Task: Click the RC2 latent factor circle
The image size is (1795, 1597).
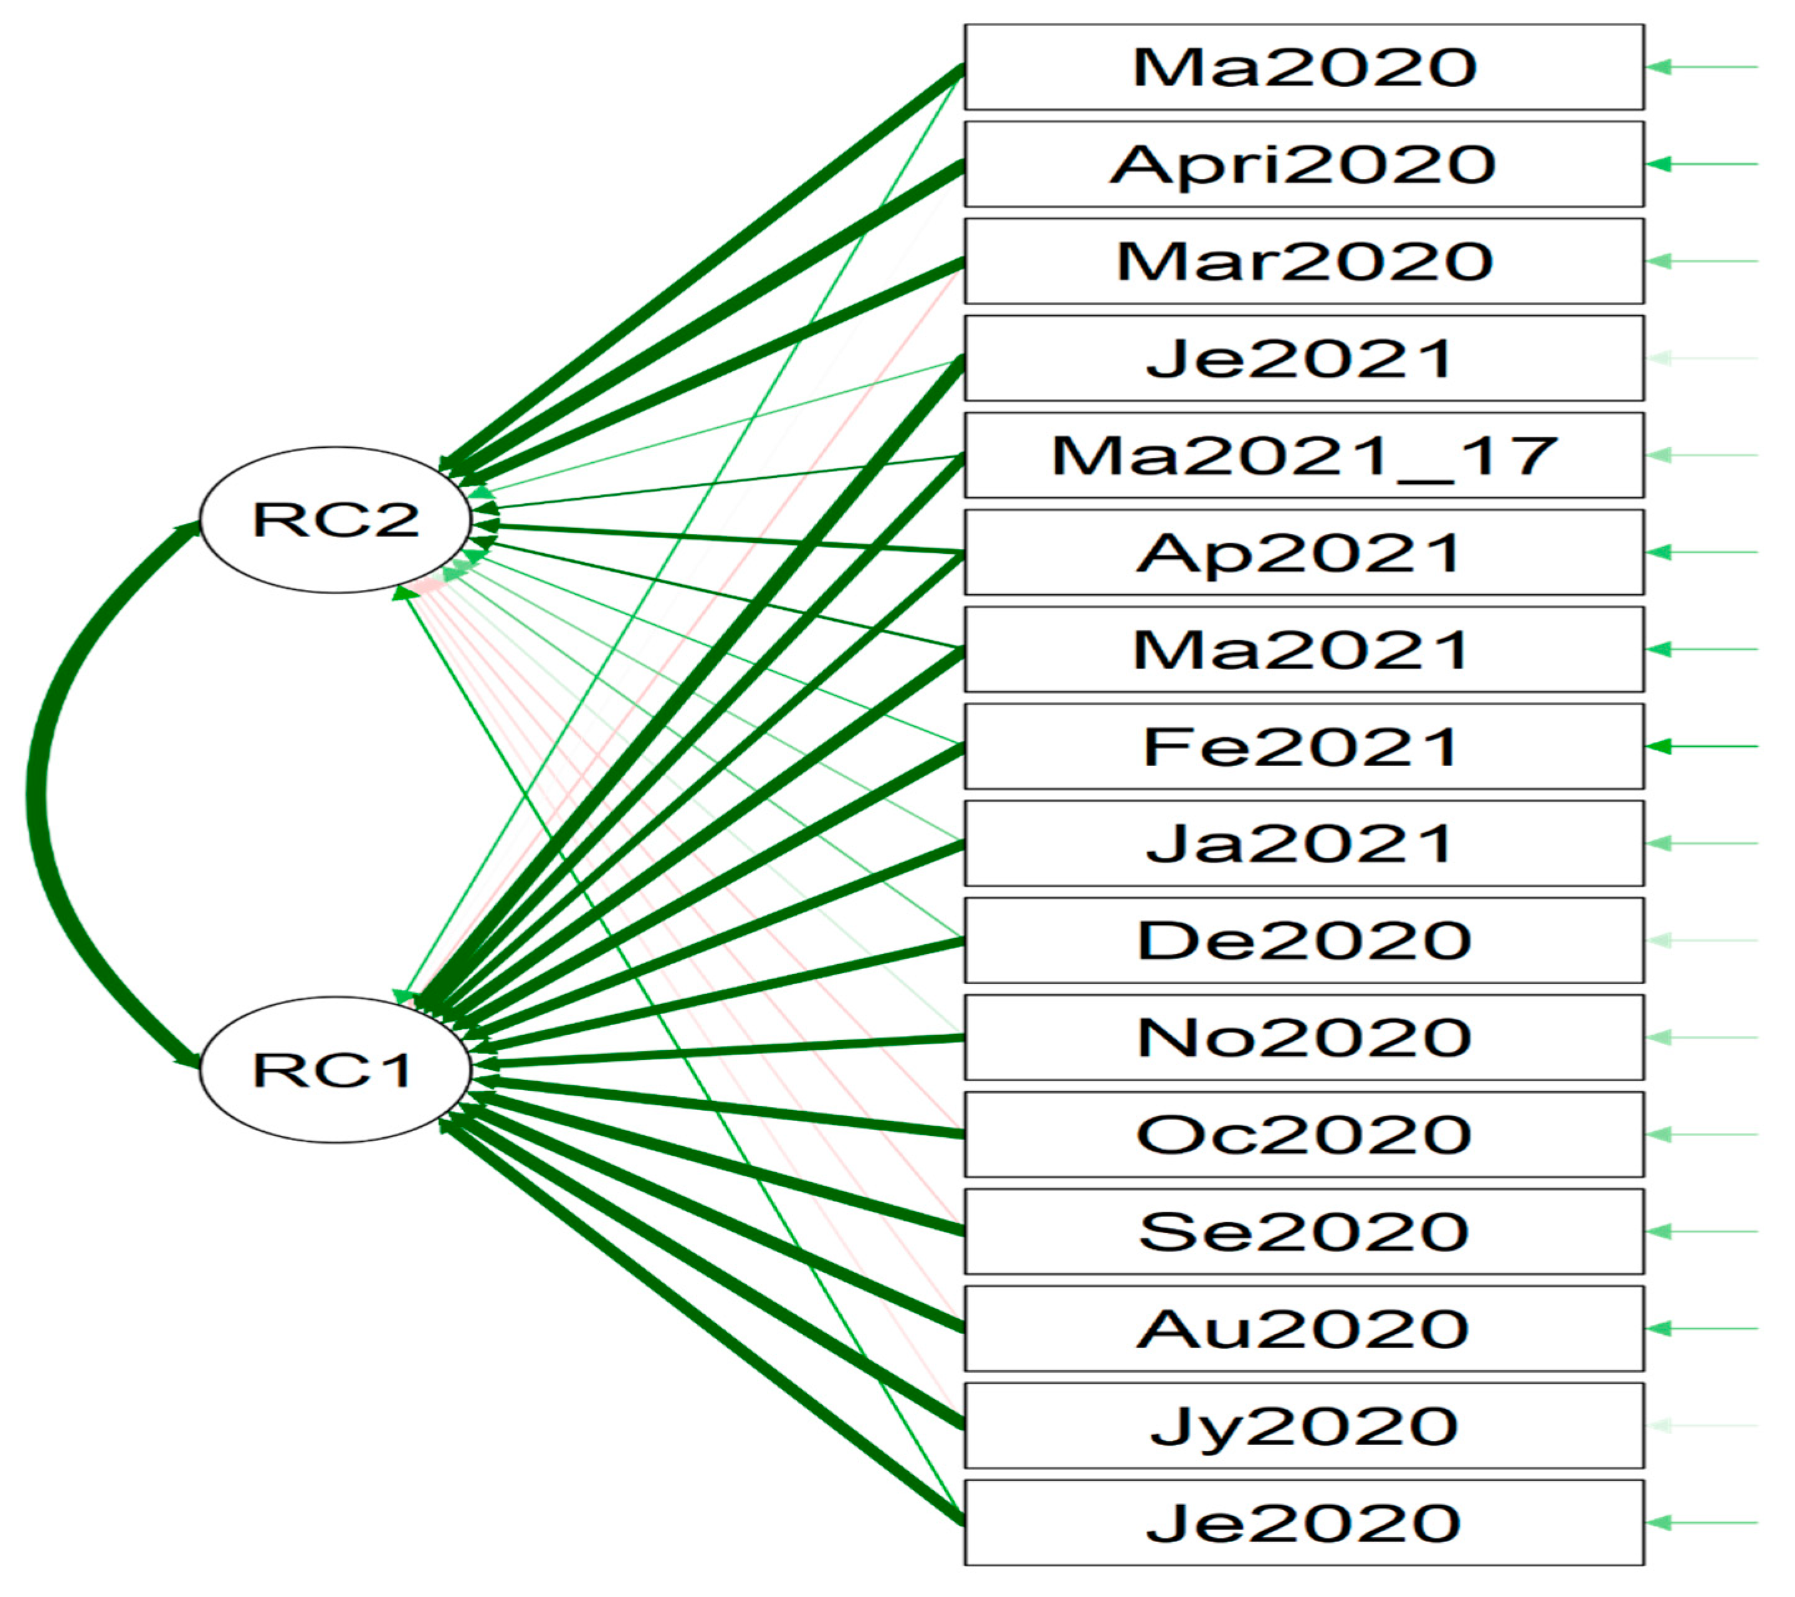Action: coord(335,519)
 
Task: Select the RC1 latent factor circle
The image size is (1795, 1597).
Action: coord(335,1069)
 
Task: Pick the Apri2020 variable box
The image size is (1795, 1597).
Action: coord(1303,164)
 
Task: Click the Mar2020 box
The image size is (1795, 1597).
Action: coord(1303,262)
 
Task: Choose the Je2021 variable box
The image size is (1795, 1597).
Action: coord(1303,358)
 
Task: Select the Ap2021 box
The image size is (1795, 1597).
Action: coord(1303,552)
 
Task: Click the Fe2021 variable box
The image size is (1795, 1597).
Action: coord(1303,746)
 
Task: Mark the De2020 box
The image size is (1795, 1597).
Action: coord(1303,941)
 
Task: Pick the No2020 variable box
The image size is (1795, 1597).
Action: coord(1303,1038)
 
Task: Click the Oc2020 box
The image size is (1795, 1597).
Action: coord(1303,1134)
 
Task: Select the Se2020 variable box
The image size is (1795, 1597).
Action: coord(1303,1232)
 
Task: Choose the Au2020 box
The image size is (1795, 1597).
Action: coord(1303,1329)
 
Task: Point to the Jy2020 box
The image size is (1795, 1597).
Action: coord(1303,1426)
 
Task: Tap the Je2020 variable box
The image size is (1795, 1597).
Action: coord(1303,1522)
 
